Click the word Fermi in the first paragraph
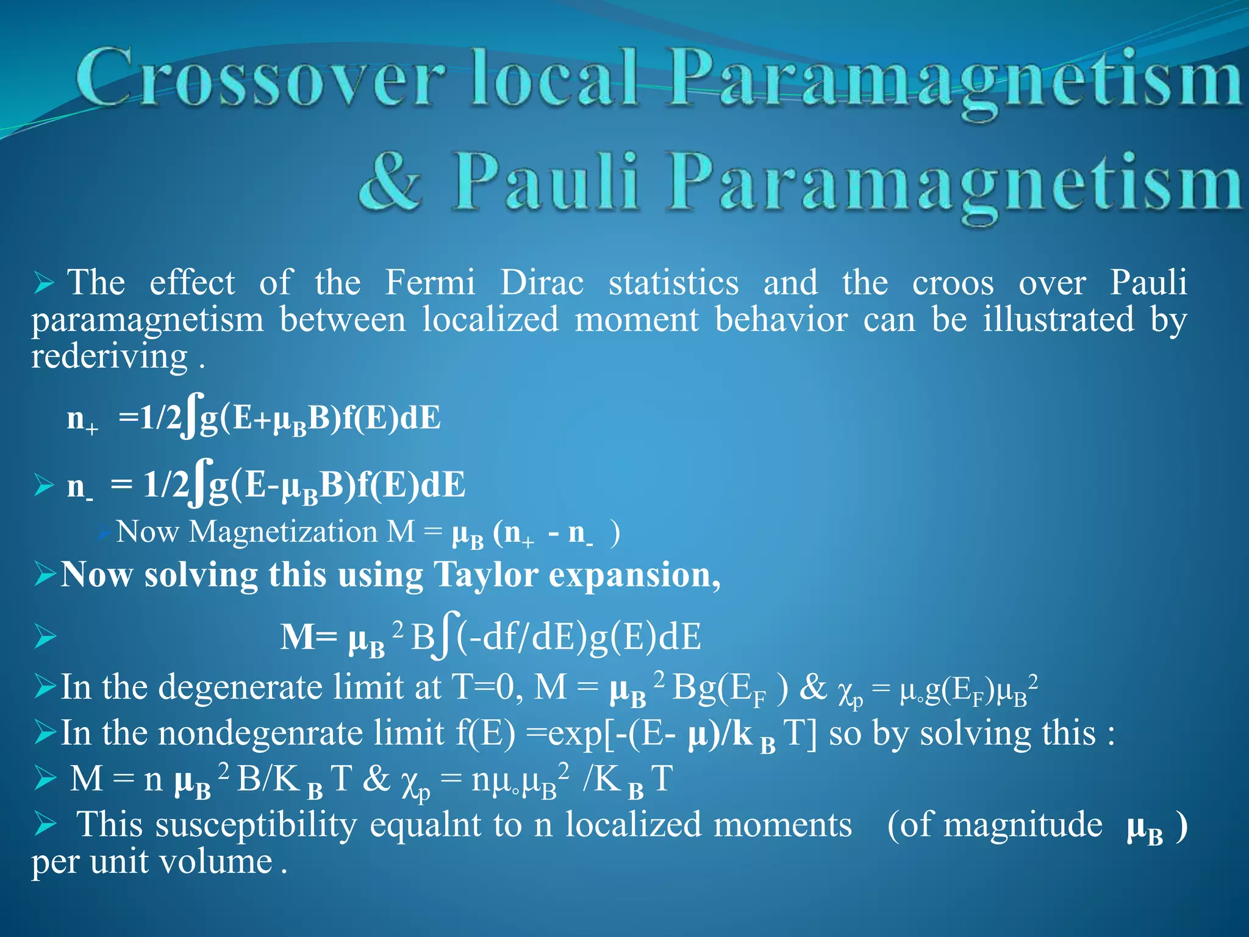pyautogui.click(x=430, y=283)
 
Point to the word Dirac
pyautogui.click(x=542, y=283)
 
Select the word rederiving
pyautogui.click(x=110, y=356)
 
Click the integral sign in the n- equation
pyautogui.click(x=199, y=483)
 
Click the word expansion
pyautogui.click(x=634, y=576)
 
